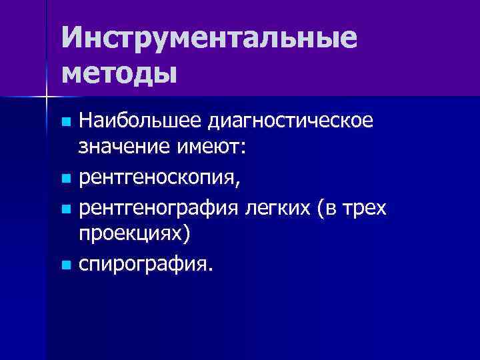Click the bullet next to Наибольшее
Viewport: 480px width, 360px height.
pos(65,122)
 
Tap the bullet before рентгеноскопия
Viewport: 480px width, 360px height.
pos(65,179)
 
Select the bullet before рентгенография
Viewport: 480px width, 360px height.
pos(65,209)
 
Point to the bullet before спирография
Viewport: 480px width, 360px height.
pos(65,266)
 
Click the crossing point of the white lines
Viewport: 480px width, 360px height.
pos(47,97)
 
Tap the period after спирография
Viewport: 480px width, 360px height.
pos(212,272)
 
